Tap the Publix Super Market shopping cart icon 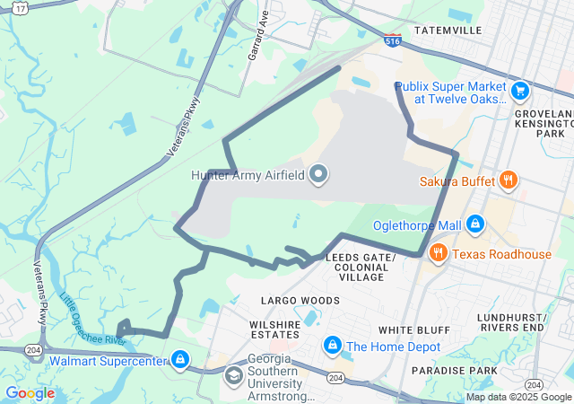pyautogui.click(x=519, y=91)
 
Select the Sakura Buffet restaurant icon pyautogui.click(x=508, y=180)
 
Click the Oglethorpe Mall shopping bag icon pyautogui.click(x=475, y=224)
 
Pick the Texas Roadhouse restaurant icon pyautogui.click(x=439, y=253)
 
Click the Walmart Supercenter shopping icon pyautogui.click(x=181, y=360)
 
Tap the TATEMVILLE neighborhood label pyautogui.click(x=448, y=30)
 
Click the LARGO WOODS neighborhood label pyautogui.click(x=300, y=300)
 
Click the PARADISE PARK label pyautogui.click(x=454, y=370)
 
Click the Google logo pyautogui.click(x=30, y=393)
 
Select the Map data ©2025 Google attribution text pyautogui.click(x=517, y=397)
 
